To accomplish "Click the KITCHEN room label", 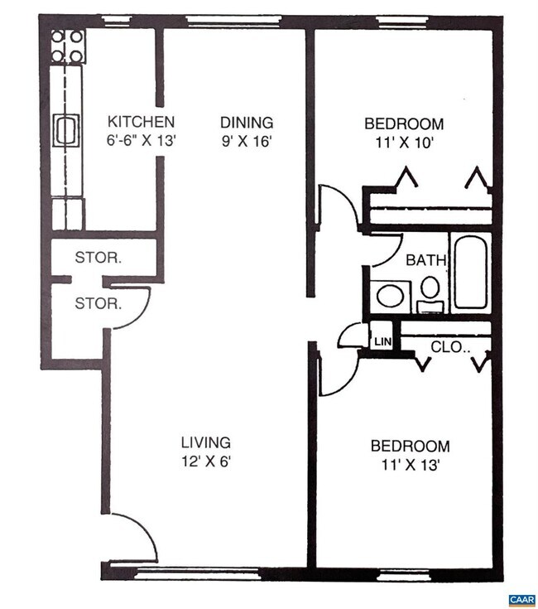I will coord(141,123).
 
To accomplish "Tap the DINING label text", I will coord(246,123).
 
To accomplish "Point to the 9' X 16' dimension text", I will coord(246,141).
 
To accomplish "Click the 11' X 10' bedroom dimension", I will coord(403,142).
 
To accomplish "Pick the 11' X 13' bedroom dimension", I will coord(410,464).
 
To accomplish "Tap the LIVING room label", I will coord(206,442).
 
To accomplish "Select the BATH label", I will coord(425,260).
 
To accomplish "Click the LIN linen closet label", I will coord(382,341).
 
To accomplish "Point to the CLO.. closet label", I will coord(450,347).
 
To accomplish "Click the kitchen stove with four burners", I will coord(68,46).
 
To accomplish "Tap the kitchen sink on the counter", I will coord(65,130).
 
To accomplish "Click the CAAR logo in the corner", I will coord(521,598).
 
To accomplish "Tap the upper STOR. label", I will coord(98,258).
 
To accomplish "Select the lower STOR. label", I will coord(98,303).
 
